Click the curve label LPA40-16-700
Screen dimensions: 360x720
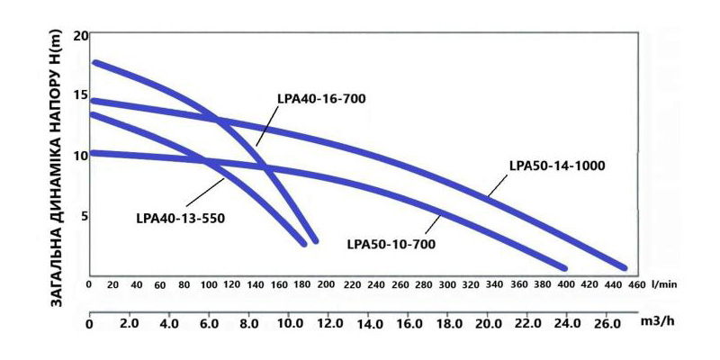pyautogui.click(x=322, y=99)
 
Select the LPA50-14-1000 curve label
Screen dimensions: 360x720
pyautogui.click(x=556, y=166)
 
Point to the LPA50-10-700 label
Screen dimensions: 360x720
pyautogui.click(x=392, y=243)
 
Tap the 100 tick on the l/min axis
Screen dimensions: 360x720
pyautogui.click(x=208, y=284)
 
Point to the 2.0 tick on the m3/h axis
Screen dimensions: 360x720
pyautogui.click(x=129, y=322)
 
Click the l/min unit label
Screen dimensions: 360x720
pyautogui.click(x=666, y=284)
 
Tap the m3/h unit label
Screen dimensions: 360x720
pyautogui.click(x=660, y=320)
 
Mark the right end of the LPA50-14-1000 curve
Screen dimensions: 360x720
pyautogui.click(x=623, y=267)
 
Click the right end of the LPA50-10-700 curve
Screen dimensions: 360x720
pyautogui.click(x=563, y=267)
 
